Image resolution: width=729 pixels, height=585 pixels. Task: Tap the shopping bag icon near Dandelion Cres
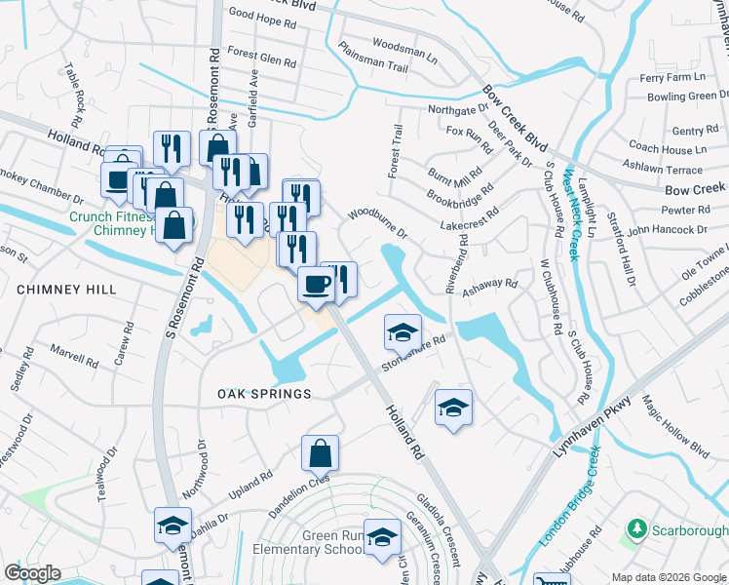click(x=320, y=453)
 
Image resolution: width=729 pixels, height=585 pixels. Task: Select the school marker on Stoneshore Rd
click(x=402, y=333)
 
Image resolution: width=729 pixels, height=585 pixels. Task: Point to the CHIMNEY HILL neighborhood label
click(x=66, y=290)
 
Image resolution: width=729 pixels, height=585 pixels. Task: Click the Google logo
click(x=32, y=573)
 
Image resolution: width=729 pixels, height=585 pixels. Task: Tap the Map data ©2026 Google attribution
click(x=669, y=577)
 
